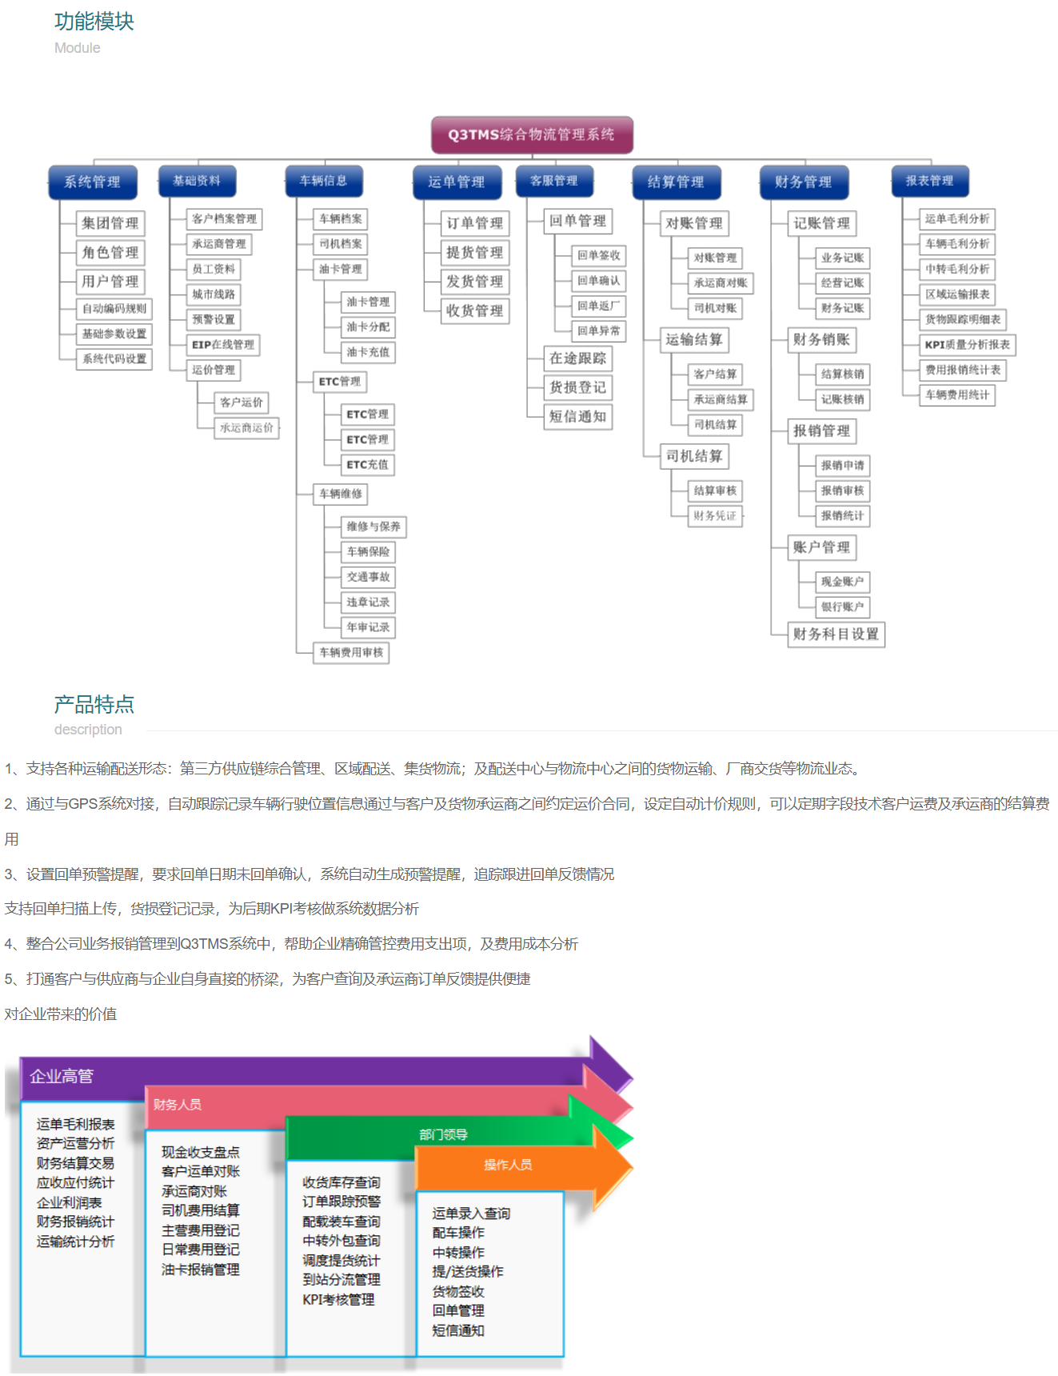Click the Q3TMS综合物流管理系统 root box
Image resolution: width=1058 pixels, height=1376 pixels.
click(532, 134)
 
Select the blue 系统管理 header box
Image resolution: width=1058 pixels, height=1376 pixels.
click(92, 182)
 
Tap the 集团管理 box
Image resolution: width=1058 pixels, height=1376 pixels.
click(110, 223)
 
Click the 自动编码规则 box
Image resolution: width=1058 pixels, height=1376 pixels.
click(114, 309)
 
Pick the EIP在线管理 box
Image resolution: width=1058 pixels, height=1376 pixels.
click(223, 345)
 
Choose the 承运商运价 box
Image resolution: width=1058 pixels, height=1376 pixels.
click(246, 428)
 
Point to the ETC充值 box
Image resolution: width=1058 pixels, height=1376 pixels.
click(368, 465)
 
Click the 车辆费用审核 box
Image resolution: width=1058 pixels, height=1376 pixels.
click(351, 653)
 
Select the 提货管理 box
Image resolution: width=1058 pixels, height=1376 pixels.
click(474, 253)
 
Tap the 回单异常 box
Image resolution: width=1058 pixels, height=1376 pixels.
click(599, 331)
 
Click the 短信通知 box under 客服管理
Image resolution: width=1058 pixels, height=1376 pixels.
click(577, 417)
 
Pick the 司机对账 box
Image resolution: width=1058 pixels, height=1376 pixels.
click(715, 308)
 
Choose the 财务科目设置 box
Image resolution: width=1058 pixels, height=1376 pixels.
click(836, 634)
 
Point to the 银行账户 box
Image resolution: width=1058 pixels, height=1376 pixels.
click(842, 607)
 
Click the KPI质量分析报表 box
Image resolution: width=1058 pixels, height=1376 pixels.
click(967, 345)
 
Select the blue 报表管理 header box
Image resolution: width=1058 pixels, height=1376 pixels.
click(929, 181)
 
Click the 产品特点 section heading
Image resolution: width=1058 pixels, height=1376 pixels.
click(94, 704)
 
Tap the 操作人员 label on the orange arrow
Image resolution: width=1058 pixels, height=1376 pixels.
click(507, 1165)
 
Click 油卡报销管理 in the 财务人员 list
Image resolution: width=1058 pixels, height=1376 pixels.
click(201, 1270)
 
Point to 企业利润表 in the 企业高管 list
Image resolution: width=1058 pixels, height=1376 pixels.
click(69, 1202)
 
